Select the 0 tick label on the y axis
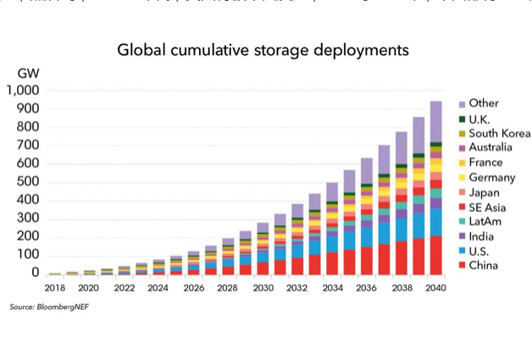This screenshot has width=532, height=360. [35, 273]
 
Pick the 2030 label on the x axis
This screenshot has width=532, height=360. [263, 287]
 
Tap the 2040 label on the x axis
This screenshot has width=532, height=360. [436, 287]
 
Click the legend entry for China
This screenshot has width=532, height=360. [485, 266]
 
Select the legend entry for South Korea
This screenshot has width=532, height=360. [499, 133]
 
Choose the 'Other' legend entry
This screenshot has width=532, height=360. [484, 103]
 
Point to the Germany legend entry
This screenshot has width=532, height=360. [491, 177]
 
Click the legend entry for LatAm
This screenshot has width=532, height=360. [486, 222]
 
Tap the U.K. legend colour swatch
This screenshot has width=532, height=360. [462, 119]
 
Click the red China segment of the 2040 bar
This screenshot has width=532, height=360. [436, 255]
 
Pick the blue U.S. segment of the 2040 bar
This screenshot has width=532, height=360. [436, 222]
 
